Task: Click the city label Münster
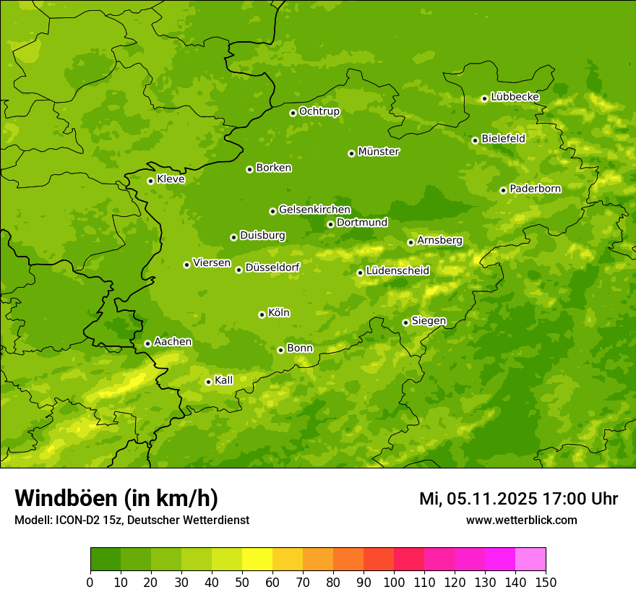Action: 378,152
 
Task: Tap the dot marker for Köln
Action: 262,314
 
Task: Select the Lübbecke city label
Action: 515,97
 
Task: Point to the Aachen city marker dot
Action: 147,343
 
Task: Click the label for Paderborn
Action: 535,189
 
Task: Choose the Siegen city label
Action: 429,321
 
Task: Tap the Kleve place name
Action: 171,179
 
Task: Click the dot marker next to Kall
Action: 208,382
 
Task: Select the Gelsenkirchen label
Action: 314,210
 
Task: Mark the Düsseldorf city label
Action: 272,267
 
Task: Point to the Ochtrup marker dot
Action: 293,113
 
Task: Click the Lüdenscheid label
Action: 397,271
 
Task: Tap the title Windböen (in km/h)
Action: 116,498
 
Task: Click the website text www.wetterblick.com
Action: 521,520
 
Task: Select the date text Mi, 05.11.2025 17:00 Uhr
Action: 518,499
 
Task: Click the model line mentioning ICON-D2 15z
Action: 132,520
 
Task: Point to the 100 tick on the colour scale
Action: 393,582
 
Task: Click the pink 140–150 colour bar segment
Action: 530,560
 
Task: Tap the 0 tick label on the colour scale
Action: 90,582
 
